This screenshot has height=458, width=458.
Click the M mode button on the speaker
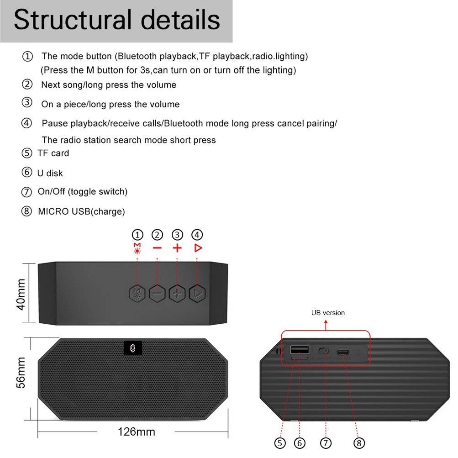coord(137,293)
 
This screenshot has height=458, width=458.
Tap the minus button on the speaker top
coord(157,293)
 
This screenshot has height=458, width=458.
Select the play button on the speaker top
coord(197,293)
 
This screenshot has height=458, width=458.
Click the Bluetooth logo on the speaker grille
coord(133,348)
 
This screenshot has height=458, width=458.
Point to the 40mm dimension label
coord(21,293)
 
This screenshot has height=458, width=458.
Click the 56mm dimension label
coord(21,372)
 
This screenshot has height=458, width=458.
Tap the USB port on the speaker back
coord(300,350)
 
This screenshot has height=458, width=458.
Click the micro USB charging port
coord(343,353)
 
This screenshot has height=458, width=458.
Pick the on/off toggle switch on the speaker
coord(324,351)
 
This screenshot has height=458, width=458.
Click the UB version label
coord(328,313)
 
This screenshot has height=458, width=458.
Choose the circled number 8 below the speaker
coord(359,442)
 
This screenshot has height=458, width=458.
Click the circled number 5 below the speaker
coord(280,442)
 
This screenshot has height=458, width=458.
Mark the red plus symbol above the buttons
coord(177,248)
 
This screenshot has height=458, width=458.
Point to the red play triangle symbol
coord(198,248)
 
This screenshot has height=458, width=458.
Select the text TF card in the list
coord(53,153)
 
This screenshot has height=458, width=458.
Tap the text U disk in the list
coord(50,173)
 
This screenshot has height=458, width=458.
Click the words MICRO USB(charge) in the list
coord(81,211)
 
